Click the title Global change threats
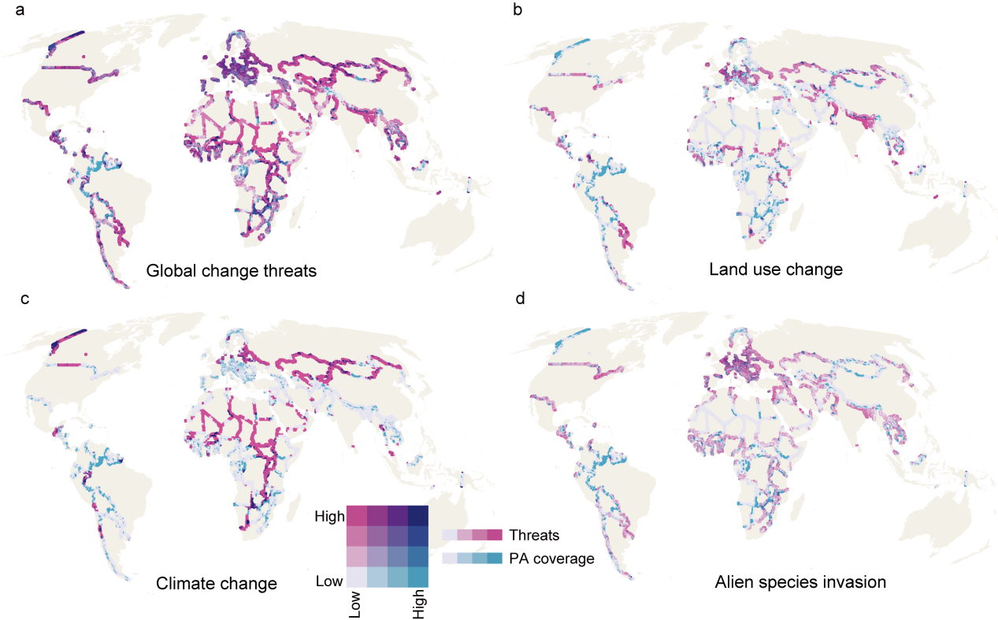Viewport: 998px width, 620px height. click(x=232, y=272)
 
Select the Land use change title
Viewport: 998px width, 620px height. click(x=776, y=270)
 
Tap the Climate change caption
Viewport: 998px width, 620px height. click(x=216, y=584)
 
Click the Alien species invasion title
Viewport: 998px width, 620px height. click(x=801, y=583)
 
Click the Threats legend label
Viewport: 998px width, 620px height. click(x=534, y=536)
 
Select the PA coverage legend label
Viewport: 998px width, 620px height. click(x=551, y=559)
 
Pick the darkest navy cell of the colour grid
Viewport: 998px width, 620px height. click(x=417, y=516)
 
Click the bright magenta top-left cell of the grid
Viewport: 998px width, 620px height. click(x=356, y=516)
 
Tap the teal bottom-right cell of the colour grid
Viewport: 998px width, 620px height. click(x=417, y=577)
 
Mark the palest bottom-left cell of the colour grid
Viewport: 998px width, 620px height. click(x=356, y=577)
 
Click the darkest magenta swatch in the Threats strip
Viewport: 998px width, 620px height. click(x=495, y=535)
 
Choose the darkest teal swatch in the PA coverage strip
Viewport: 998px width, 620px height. click(x=495, y=558)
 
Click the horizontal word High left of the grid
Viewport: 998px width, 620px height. click(x=329, y=517)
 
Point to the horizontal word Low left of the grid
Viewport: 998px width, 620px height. click(x=329, y=581)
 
